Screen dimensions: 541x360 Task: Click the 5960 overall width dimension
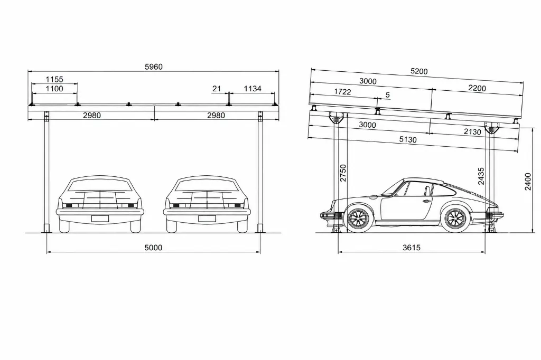154,67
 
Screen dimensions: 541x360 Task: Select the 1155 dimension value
54,80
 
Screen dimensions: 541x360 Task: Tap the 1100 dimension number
54,89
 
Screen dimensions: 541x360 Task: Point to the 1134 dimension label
253,89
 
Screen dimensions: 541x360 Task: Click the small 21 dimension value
216,89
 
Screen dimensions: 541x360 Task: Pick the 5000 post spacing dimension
153,248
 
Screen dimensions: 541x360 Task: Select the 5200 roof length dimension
419,71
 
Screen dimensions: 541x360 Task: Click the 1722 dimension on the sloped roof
342,92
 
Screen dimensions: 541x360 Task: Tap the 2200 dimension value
477,88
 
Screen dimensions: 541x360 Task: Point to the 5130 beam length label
408,140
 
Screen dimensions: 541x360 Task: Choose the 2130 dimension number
472,132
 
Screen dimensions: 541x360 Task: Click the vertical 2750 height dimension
343,173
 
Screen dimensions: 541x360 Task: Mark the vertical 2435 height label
481,176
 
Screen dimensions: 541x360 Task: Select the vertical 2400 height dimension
528,182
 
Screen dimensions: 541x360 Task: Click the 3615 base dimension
411,248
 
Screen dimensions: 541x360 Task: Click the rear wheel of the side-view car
455,219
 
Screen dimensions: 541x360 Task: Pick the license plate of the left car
100,219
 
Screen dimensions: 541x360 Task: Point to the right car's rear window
207,185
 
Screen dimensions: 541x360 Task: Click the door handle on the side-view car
426,202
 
